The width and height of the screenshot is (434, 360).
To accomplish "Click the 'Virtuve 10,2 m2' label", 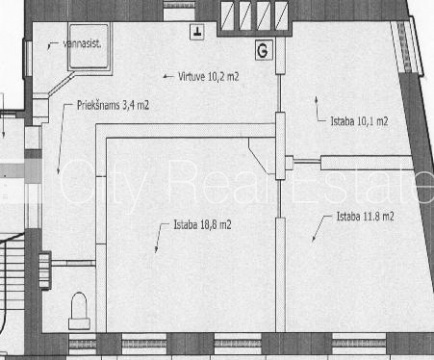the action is click(x=209, y=77).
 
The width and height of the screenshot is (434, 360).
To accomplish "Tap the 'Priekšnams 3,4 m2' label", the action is click(x=113, y=105).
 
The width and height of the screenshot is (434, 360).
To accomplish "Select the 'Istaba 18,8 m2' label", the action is click(x=202, y=225).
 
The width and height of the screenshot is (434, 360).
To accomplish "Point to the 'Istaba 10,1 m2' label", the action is click(x=359, y=121).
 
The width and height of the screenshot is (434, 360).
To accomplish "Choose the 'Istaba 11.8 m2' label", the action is click(x=365, y=217).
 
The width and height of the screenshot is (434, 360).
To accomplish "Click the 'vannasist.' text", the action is click(x=82, y=44).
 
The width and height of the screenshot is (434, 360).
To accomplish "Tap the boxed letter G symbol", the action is click(x=263, y=50).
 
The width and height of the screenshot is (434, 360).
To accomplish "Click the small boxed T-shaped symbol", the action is click(x=197, y=32).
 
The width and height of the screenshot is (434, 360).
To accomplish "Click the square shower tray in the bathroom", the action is click(x=89, y=46).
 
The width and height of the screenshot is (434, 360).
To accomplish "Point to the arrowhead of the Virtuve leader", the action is click(x=165, y=77).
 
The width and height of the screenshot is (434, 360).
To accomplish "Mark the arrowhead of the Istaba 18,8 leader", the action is click(x=156, y=250).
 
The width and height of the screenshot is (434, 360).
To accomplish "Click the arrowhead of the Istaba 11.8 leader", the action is click(x=313, y=238).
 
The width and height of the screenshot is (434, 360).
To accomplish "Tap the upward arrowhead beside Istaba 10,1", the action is click(x=316, y=99).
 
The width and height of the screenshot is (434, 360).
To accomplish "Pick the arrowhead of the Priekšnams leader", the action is click(x=58, y=170).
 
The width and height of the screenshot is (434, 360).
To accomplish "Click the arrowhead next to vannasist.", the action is click(x=49, y=46).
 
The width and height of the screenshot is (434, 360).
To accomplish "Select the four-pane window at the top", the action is click(x=255, y=16).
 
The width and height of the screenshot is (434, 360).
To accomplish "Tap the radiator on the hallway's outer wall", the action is click(x=45, y=270).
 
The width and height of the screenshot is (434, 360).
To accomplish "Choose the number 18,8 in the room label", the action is click(x=209, y=225).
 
